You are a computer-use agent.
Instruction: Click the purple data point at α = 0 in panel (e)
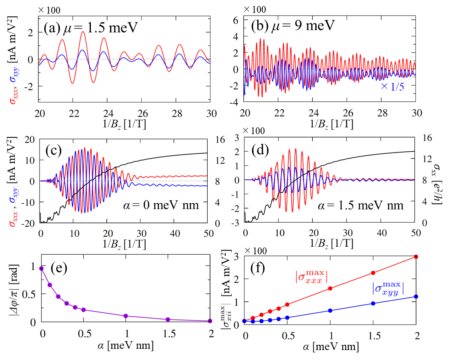[x=41, y=268]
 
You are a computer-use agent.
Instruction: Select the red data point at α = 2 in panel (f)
[x=416, y=257]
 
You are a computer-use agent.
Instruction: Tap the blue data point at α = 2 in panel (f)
[x=416, y=297]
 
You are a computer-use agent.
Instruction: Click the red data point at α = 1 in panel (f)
[x=330, y=288]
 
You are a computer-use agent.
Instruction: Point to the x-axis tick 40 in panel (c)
[x=174, y=232]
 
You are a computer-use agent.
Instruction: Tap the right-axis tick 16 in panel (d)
[x=426, y=137]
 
